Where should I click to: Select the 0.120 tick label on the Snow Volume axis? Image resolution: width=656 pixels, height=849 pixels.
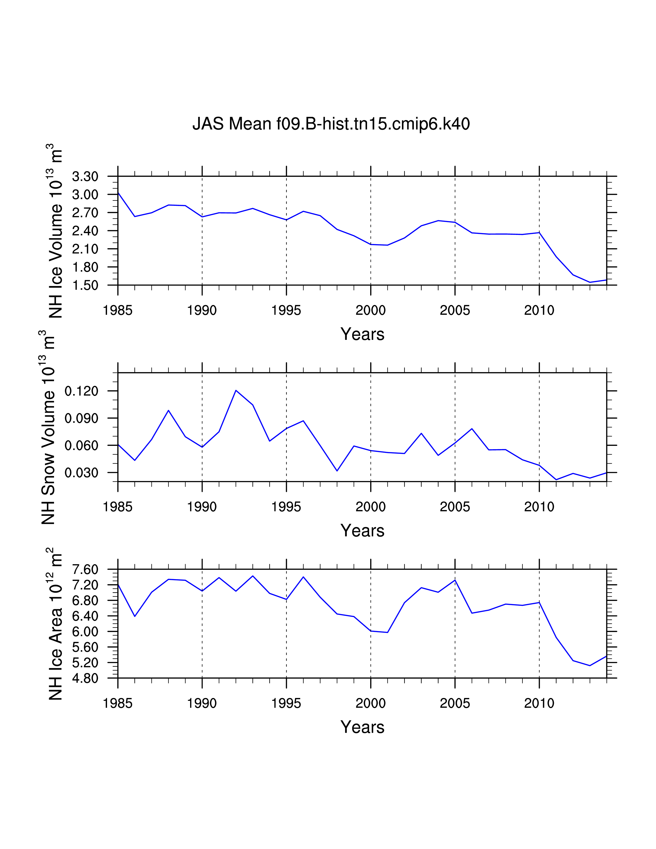click(x=81, y=391)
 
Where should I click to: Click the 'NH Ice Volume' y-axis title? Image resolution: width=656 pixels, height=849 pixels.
click(x=56, y=231)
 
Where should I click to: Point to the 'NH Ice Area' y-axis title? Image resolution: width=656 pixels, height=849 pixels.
click(x=56, y=624)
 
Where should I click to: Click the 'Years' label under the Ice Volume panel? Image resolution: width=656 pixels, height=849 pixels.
click(x=362, y=334)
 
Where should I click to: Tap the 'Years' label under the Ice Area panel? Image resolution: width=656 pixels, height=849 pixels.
click(x=362, y=727)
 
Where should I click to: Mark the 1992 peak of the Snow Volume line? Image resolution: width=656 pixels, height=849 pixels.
click(x=236, y=390)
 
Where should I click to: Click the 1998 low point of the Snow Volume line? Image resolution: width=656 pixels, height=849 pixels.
click(x=337, y=471)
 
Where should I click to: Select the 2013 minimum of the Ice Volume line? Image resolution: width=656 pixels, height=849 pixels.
click(x=590, y=282)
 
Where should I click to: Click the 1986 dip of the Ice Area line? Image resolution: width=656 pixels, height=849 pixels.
click(x=135, y=616)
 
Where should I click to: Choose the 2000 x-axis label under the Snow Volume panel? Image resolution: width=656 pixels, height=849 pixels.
click(x=371, y=507)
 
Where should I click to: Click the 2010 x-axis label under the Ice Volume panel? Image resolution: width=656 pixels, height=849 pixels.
click(x=539, y=311)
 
